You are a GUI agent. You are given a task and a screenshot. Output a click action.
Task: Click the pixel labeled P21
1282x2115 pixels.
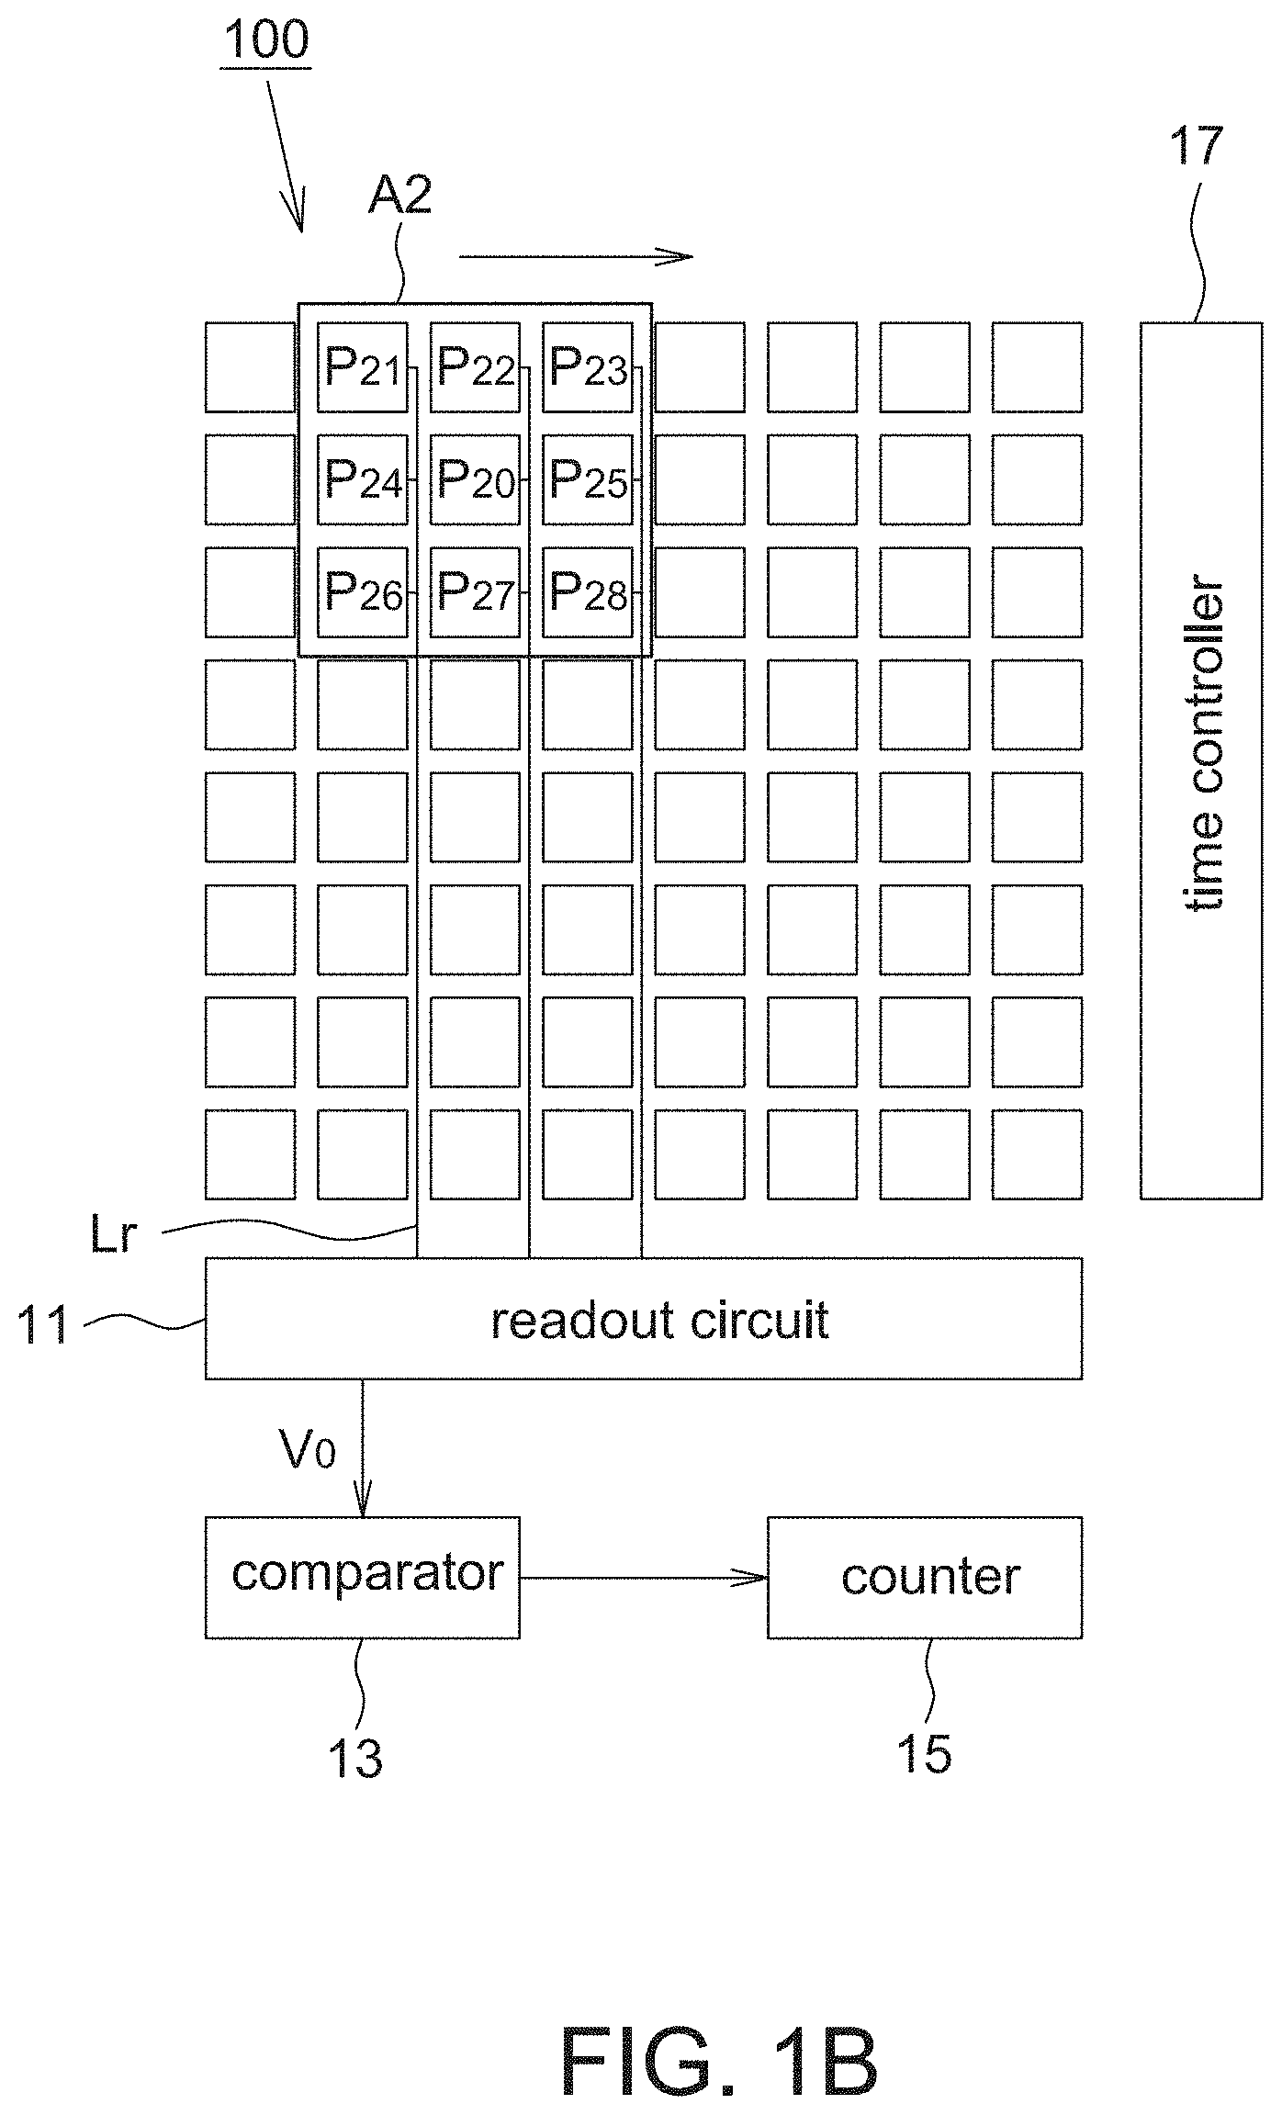click(x=363, y=367)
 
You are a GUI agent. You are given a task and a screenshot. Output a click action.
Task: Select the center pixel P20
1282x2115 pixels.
click(x=475, y=479)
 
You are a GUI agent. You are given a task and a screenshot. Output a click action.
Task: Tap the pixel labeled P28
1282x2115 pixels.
click(x=588, y=592)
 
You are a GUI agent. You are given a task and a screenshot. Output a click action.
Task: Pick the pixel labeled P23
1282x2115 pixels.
click(x=588, y=367)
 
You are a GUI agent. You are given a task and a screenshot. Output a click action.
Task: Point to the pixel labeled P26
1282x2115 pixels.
click(x=363, y=592)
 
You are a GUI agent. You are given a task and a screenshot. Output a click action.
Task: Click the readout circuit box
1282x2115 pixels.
click(x=643, y=1319)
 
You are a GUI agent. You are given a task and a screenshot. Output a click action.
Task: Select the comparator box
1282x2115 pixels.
click(x=362, y=1578)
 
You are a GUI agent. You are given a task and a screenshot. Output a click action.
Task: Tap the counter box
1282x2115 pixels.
click(x=925, y=1578)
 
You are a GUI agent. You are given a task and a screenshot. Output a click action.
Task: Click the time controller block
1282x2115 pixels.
click(x=1201, y=760)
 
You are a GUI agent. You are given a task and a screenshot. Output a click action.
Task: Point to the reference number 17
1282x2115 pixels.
click(x=1197, y=147)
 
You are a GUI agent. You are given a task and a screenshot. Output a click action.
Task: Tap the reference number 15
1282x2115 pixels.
click(x=925, y=1753)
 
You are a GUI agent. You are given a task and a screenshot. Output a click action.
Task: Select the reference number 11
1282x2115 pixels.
click(x=43, y=1326)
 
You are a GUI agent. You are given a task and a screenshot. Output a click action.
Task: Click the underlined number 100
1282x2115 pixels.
click(x=266, y=41)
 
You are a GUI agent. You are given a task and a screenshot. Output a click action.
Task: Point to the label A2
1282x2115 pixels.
click(x=399, y=196)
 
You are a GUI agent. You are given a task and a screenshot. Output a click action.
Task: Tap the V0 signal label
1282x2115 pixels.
click(x=308, y=1450)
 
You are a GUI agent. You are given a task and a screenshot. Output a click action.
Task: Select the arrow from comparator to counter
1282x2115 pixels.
click(x=644, y=1578)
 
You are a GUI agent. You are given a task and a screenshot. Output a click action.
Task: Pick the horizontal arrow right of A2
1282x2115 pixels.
click(x=576, y=257)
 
